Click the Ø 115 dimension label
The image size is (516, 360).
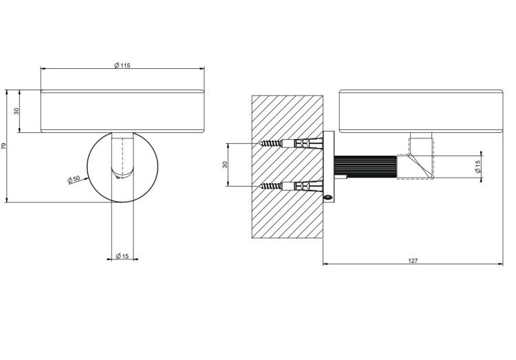tap(122, 65)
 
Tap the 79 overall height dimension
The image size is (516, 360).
tap(4, 146)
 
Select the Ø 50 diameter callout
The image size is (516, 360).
tap(74, 180)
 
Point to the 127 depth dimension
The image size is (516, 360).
tap(413, 260)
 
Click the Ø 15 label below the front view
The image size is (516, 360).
tap(122, 256)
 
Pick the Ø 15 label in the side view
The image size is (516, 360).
tap(478, 167)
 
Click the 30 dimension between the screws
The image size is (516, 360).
tap(225, 165)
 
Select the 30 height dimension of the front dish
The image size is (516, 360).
tap(17, 111)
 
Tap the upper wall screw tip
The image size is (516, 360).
tap(260, 144)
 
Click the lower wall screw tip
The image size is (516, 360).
tap(260, 187)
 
